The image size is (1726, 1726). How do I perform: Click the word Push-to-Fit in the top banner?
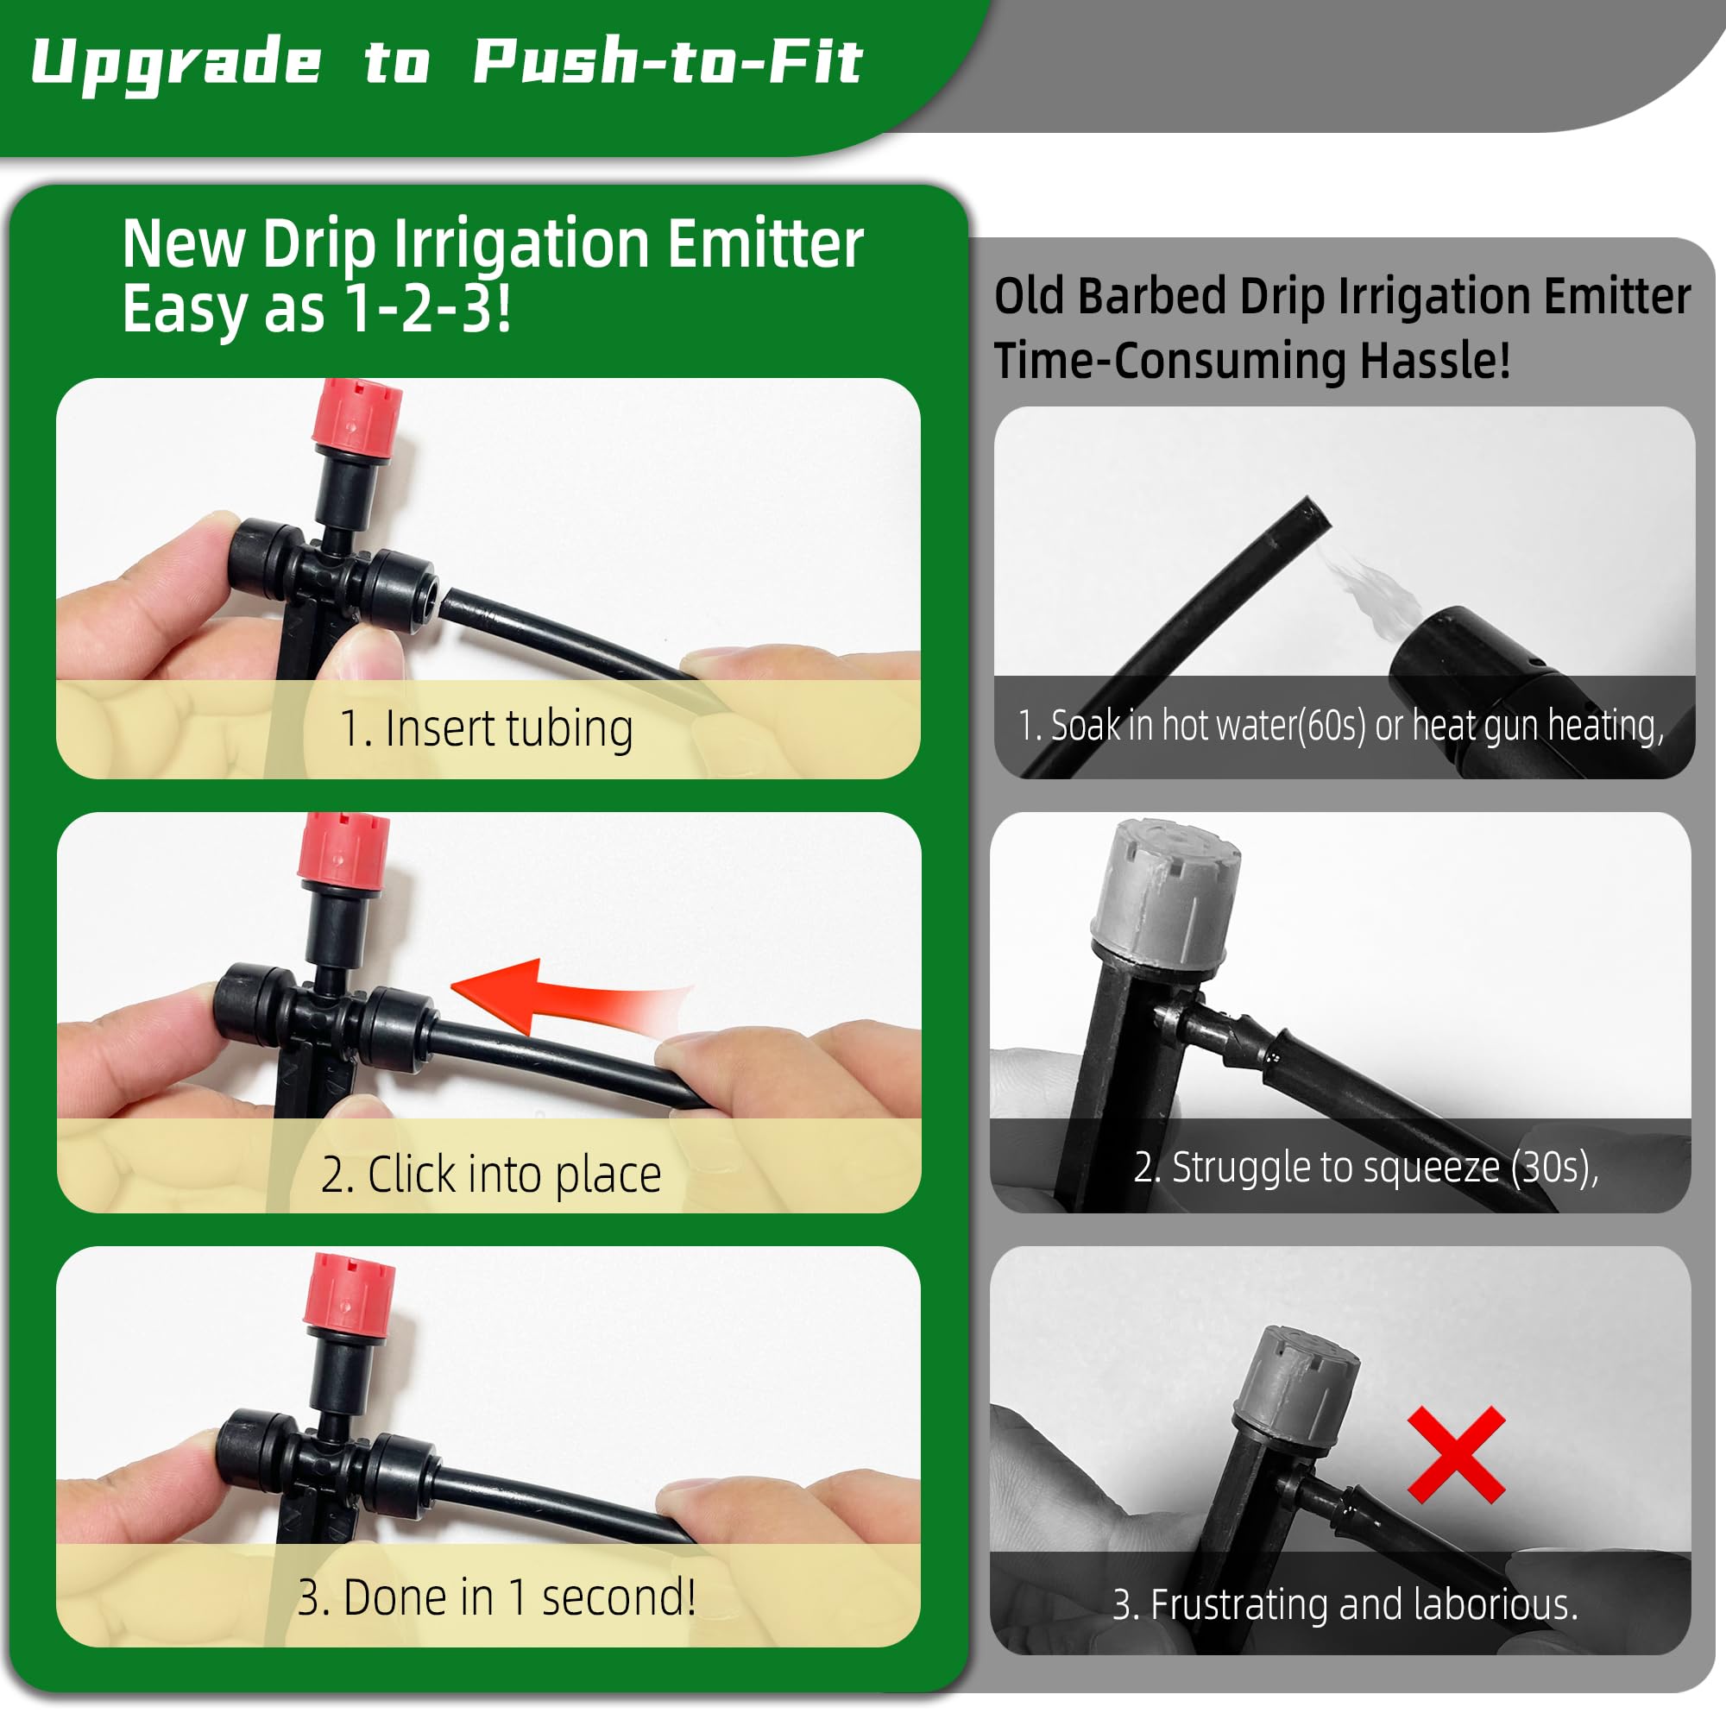click(666, 62)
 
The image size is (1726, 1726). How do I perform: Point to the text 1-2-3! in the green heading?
click(428, 309)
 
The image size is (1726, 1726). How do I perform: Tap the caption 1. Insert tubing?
click(487, 728)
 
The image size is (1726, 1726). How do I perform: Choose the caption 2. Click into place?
click(490, 1174)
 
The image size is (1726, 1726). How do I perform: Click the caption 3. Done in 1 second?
click(496, 1597)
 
